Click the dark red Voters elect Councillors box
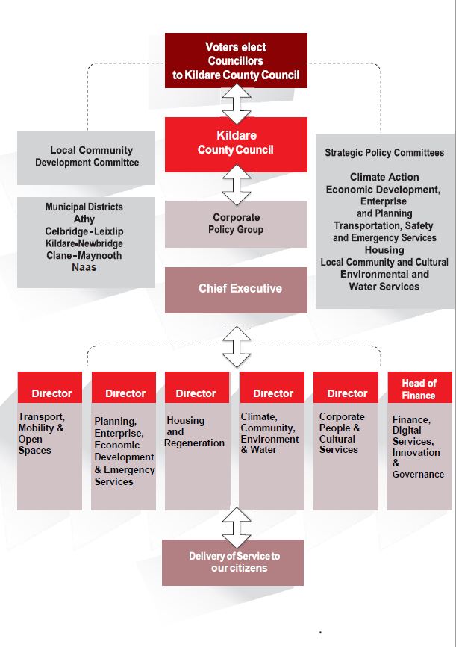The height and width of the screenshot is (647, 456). click(236, 60)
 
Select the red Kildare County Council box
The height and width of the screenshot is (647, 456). click(236, 145)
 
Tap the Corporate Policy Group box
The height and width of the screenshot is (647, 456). click(236, 224)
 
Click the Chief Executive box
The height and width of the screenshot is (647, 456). click(236, 290)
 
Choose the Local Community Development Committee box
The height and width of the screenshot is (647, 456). click(87, 157)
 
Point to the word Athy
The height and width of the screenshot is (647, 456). click(84, 219)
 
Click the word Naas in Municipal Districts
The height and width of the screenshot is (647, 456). click(84, 267)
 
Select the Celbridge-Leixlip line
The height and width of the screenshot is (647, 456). click(84, 231)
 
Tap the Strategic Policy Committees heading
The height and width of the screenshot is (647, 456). click(384, 153)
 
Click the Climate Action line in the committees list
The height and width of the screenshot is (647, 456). click(384, 177)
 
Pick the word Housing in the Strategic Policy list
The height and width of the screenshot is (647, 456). click(384, 250)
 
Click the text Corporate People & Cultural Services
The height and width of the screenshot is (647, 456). click(342, 434)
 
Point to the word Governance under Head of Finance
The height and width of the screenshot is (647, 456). click(418, 475)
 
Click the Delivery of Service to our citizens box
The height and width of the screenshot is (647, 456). click(233, 563)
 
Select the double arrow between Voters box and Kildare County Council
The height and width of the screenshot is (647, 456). click(237, 104)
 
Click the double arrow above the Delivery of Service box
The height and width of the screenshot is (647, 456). click(237, 528)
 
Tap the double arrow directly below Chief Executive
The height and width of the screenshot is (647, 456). click(237, 347)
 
